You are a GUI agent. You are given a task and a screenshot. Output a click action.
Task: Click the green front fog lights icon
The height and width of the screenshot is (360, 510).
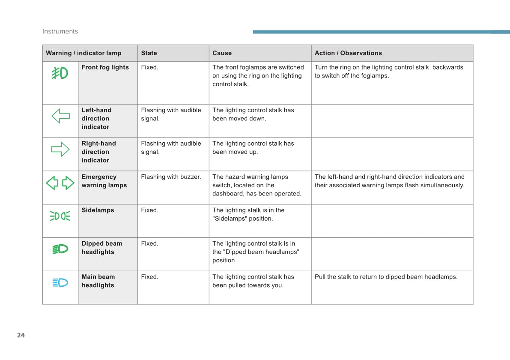60,73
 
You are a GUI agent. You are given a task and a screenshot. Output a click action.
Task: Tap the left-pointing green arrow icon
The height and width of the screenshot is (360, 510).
60,116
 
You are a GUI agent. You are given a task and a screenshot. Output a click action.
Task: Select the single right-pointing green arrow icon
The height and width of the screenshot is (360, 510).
60,149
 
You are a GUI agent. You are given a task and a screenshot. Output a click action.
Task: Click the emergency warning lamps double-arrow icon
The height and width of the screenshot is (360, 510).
60,183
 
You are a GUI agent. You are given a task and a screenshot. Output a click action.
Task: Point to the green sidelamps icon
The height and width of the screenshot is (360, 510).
60,216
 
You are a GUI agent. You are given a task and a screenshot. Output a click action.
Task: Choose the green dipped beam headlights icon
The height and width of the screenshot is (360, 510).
60,249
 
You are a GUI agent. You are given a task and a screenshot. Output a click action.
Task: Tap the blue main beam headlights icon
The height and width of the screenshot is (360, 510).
60,282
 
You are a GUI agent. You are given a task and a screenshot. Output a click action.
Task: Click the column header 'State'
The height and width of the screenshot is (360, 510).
149,53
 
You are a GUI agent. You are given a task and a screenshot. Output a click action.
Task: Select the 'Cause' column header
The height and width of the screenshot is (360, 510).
222,53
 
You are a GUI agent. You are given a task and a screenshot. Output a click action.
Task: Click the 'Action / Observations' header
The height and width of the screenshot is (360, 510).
348,53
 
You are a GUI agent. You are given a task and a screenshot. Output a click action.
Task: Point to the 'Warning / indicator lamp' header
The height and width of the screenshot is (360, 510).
84,53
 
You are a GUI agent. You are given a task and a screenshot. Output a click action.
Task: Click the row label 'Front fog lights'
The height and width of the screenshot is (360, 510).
105,67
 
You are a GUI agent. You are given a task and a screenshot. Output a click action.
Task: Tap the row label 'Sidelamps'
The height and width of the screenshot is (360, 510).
98,210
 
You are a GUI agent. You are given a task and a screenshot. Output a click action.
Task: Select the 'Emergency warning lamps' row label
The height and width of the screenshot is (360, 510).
104,181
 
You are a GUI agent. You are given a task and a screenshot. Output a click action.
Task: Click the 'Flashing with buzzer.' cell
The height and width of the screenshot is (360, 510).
171,177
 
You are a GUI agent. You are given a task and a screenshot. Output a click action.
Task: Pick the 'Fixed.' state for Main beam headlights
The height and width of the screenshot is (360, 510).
149,277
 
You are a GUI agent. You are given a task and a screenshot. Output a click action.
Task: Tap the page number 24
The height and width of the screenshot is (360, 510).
21,335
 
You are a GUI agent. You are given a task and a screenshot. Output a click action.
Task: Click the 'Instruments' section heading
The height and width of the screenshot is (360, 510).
60,31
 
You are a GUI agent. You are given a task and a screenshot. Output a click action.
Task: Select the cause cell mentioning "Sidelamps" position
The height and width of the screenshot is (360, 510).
248,214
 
